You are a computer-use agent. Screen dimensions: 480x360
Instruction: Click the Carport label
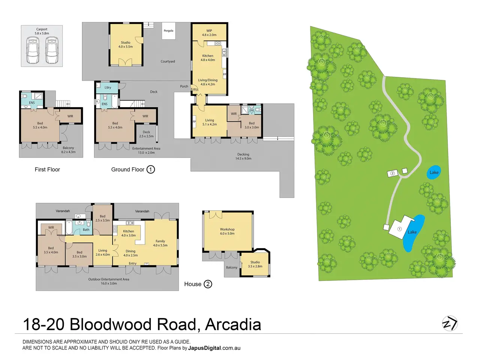42,29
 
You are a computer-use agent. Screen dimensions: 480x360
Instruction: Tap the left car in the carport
33,50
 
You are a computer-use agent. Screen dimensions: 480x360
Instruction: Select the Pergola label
169,31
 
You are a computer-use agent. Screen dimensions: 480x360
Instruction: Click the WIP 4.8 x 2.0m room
209,32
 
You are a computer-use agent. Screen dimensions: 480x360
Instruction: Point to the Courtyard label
168,61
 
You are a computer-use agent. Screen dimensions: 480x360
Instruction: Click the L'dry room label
108,87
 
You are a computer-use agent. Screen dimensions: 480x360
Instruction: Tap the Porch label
184,86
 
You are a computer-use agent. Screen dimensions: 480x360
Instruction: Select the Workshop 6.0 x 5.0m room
228,231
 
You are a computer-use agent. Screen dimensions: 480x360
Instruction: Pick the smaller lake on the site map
433,172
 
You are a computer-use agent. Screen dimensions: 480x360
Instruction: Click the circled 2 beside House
208,284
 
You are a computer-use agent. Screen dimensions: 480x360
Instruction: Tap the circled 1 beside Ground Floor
150,169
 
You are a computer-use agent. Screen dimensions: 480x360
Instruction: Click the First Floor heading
47,169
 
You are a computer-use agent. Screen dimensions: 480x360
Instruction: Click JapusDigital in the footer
204,348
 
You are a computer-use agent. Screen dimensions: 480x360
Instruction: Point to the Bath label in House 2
86,229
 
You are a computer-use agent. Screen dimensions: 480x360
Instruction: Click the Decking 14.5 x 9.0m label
243,156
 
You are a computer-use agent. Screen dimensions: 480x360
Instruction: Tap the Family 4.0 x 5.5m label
160,243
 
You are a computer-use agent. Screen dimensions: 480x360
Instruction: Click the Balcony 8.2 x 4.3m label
68,150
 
